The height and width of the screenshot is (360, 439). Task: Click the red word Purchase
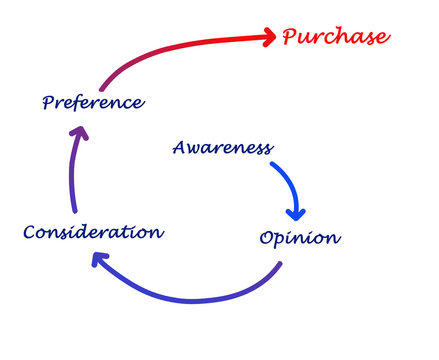[x=334, y=37]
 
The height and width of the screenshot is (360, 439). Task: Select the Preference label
[x=93, y=102]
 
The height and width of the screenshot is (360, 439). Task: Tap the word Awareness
[x=222, y=148]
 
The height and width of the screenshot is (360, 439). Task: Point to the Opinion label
[x=299, y=238]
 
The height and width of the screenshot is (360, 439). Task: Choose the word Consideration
[x=93, y=232]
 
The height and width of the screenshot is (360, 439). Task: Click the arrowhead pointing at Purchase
[x=267, y=38]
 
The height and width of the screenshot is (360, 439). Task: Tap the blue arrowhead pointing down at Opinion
[x=295, y=212]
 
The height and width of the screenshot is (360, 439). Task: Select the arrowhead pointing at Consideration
[x=98, y=260]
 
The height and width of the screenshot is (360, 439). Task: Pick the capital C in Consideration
[x=30, y=232]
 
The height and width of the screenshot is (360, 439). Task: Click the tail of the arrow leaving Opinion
[x=280, y=265]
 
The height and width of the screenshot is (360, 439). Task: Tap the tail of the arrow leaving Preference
[x=101, y=88]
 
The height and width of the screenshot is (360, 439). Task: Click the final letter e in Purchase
[x=381, y=38]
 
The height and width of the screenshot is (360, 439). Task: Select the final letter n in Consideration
[x=157, y=232]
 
